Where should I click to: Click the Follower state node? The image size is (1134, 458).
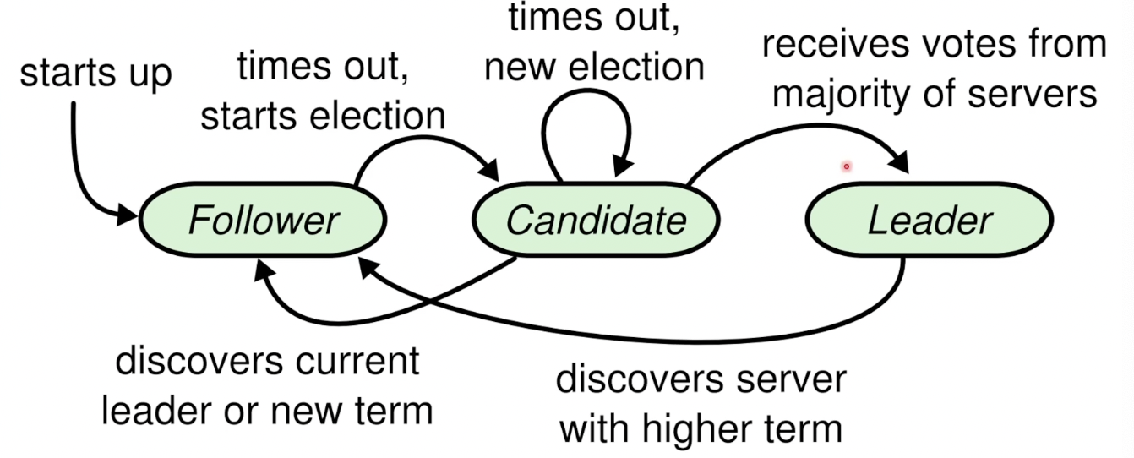(263, 221)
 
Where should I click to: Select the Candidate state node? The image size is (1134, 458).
(596, 221)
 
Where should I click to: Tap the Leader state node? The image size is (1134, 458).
(930, 221)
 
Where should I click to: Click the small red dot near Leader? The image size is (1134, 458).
(846, 166)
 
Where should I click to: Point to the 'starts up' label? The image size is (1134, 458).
(95, 74)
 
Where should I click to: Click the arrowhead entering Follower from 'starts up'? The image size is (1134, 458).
(128, 215)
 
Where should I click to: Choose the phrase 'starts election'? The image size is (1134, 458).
(322, 117)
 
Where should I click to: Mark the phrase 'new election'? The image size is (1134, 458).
(595, 66)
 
